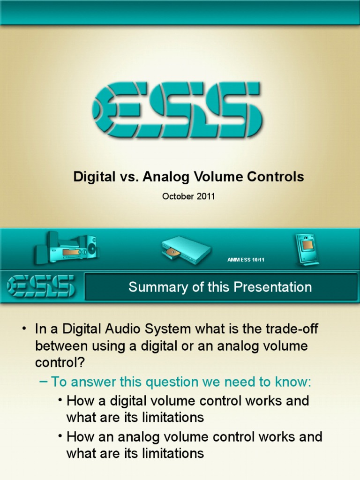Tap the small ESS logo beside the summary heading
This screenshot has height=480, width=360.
pos(41,286)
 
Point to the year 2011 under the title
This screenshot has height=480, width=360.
pos(206,196)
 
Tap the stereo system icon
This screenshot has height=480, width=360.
pos(67,247)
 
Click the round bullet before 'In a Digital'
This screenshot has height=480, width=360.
pos(23,329)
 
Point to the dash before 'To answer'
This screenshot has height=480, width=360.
pos(43,382)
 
